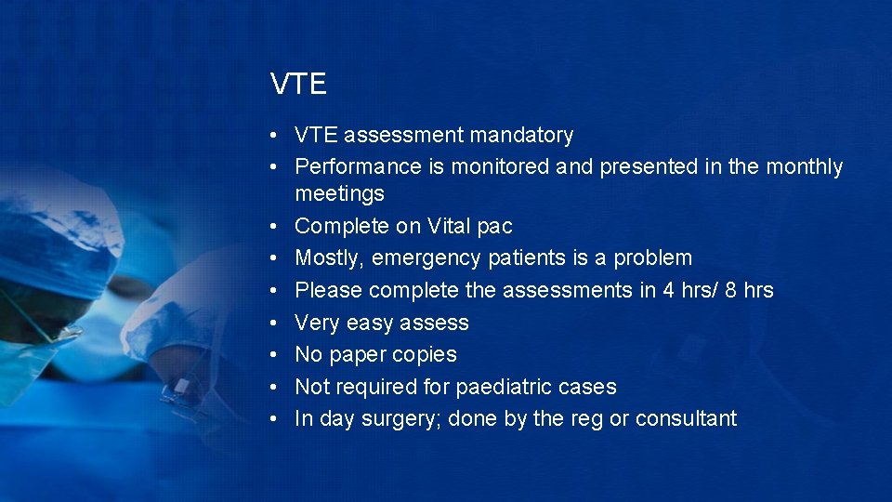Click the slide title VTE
coord(298,85)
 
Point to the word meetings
coord(339,194)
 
